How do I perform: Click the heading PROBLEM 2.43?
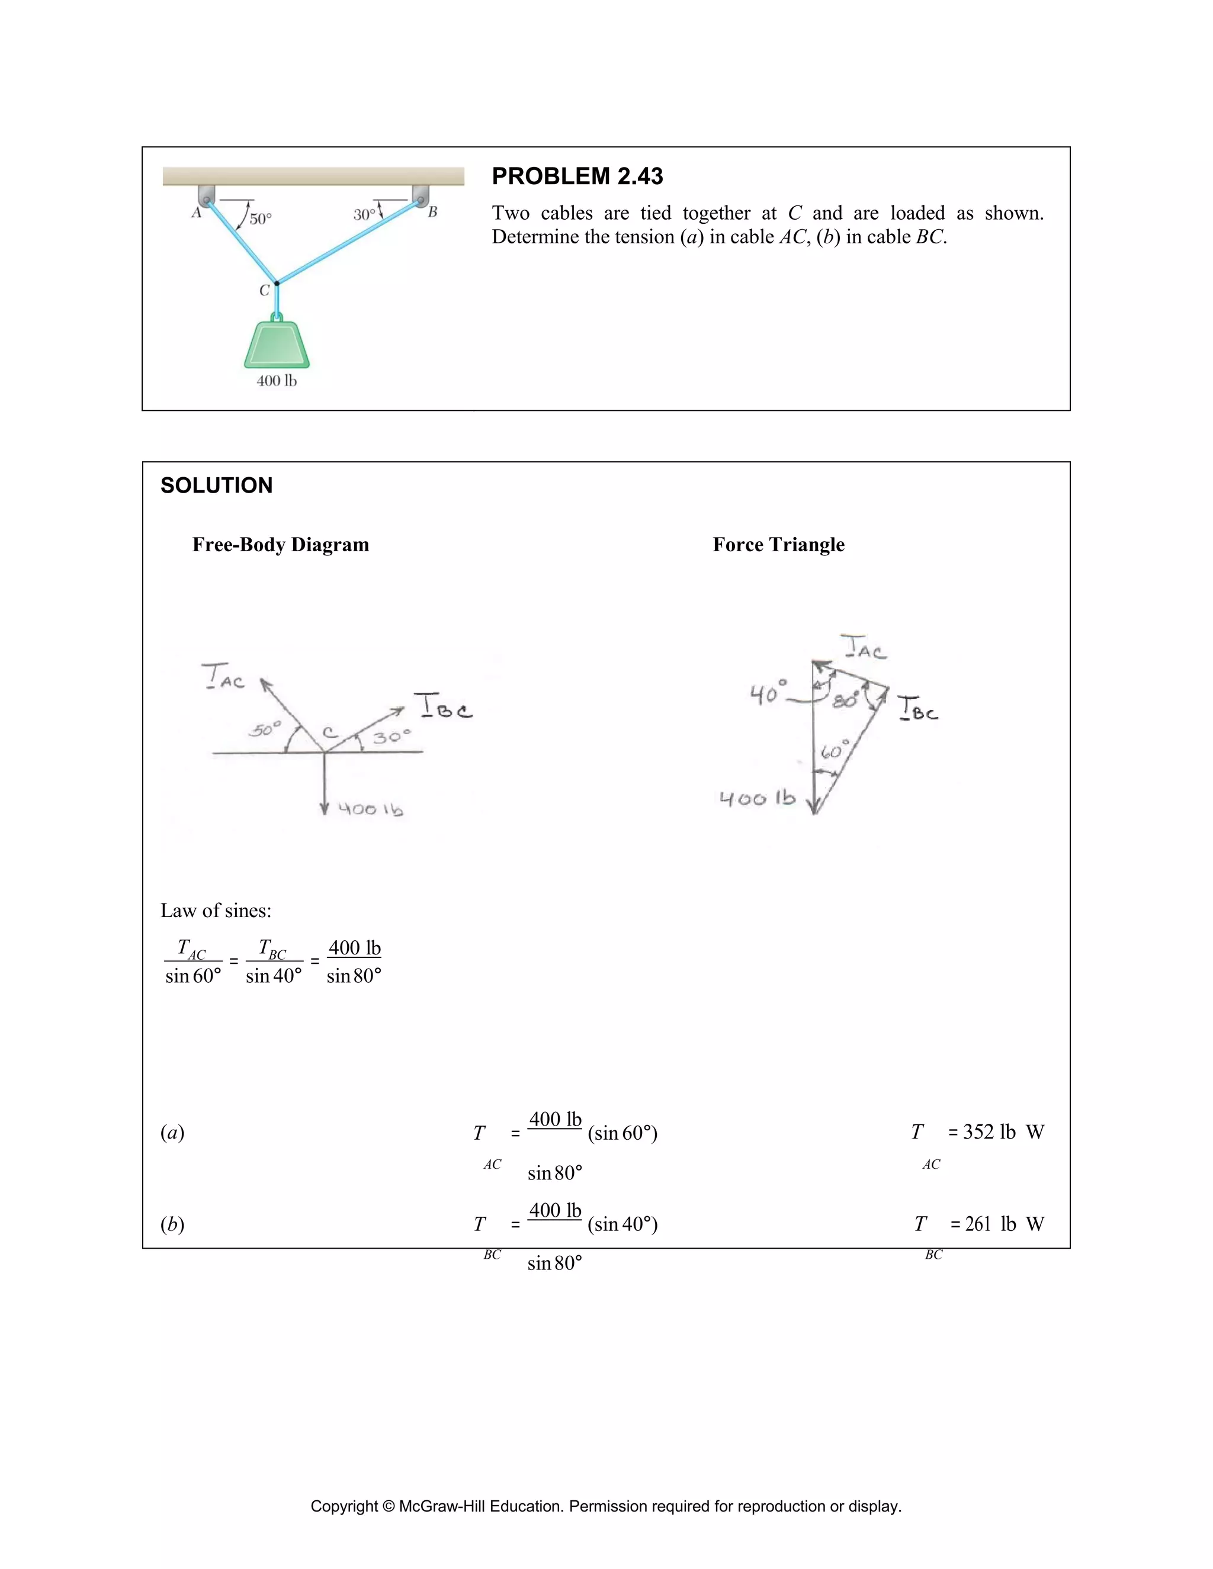(577, 176)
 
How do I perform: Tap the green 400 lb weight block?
(277, 345)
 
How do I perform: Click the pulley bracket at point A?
(206, 195)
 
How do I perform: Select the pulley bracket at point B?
(421, 195)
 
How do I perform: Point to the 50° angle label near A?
(260, 218)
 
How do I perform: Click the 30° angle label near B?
(364, 214)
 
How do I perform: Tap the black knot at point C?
(277, 283)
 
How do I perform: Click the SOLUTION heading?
(216, 486)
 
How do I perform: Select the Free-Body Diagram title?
(280, 545)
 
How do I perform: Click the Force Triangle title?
(778, 545)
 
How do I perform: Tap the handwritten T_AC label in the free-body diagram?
(223, 677)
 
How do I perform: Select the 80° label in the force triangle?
(845, 700)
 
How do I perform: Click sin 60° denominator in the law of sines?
(193, 976)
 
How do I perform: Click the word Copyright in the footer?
(344, 1506)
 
